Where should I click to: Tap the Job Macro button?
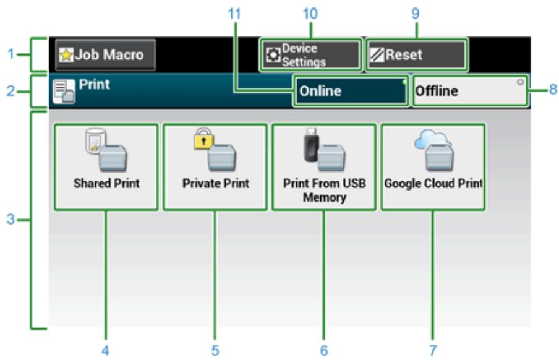coord(105,55)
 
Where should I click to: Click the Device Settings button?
coord(310,55)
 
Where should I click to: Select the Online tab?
coord(349,92)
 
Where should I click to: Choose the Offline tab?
coord(469,92)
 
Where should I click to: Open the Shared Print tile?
coord(106,167)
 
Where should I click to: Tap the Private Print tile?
coord(215,167)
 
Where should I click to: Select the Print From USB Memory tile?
coord(323,167)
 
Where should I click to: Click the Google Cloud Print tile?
coord(433,167)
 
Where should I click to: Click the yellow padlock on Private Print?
coord(203,140)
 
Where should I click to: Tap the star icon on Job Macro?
coord(66,55)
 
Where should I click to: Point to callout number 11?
coord(234,12)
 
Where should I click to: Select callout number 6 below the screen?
coord(323,350)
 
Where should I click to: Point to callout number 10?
coord(310,12)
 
